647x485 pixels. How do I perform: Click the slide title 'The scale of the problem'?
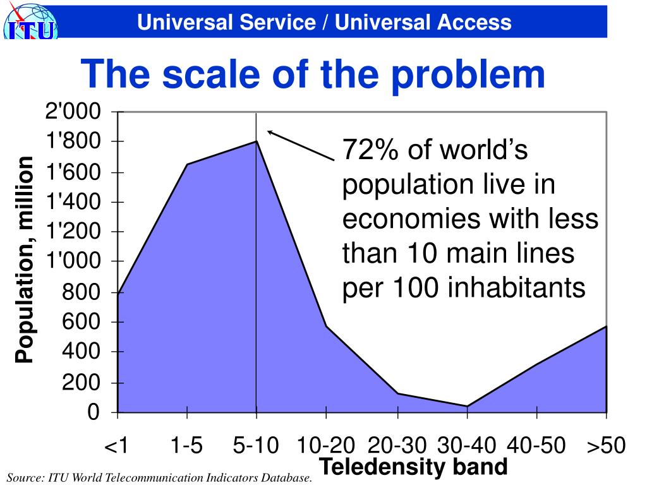tap(313, 75)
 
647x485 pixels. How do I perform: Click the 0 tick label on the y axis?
tap(93, 412)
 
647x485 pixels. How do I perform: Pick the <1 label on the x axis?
tap(117, 446)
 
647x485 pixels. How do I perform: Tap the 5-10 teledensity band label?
tap(255, 446)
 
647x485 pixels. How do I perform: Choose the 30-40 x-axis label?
tap(466, 446)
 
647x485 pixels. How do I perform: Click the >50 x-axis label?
tap(606, 446)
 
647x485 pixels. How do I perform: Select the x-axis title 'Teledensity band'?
tap(413, 467)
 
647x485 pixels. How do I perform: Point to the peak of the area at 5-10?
tap(256, 141)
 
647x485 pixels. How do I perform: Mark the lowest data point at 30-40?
tap(467, 406)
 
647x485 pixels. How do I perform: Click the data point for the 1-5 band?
tap(187, 164)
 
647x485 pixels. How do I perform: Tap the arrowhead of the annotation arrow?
tap(269, 132)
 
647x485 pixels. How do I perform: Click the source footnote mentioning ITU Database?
tap(160, 477)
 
